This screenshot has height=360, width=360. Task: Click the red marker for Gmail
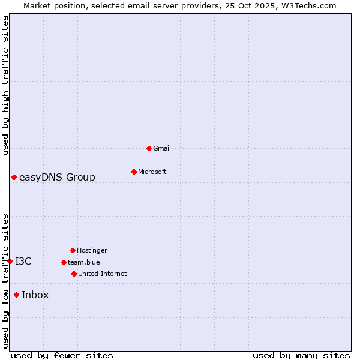pyautogui.click(x=149, y=148)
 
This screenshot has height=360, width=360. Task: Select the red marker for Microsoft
pyautogui.click(x=134, y=172)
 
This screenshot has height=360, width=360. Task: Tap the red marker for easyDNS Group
pyautogui.click(x=14, y=177)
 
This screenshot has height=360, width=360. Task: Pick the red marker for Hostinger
pyautogui.click(x=73, y=250)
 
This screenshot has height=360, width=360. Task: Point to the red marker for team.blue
pyautogui.click(x=64, y=262)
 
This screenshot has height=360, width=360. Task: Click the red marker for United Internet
pyautogui.click(x=74, y=274)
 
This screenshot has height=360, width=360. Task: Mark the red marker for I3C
pyautogui.click(x=10, y=261)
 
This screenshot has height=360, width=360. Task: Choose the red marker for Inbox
pyautogui.click(x=16, y=295)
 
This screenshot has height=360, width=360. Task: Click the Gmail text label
pyautogui.click(x=162, y=148)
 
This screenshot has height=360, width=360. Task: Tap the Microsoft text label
pyautogui.click(x=152, y=172)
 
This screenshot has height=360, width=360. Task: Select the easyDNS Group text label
pyautogui.click(x=57, y=178)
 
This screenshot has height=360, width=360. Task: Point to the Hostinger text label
pyautogui.click(x=92, y=250)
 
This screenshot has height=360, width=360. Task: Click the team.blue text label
pyautogui.click(x=84, y=262)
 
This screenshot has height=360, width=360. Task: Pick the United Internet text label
pyautogui.click(x=103, y=274)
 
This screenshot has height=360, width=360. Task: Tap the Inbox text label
pyautogui.click(x=35, y=295)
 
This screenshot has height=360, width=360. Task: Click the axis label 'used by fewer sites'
pyautogui.click(x=62, y=355)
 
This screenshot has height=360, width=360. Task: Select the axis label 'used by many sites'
pyautogui.click(x=301, y=355)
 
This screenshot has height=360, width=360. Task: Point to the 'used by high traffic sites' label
pyautogui.click(x=5, y=86)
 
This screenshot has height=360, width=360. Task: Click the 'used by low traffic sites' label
pyautogui.click(x=5, y=281)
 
